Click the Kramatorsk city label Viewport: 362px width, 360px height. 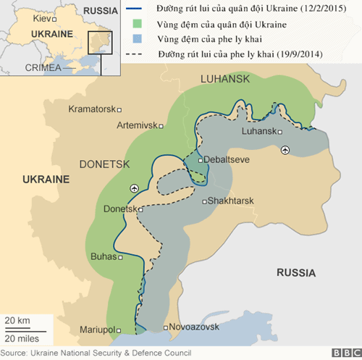pyautogui.click(x=92, y=109)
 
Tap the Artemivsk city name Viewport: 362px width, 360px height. pyautogui.click(x=138, y=125)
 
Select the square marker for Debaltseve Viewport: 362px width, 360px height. pyautogui.click(x=201, y=159)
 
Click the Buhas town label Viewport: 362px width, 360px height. pyautogui.click(x=104, y=256)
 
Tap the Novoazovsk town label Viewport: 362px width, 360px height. pyautogui.click(x=195, y=328)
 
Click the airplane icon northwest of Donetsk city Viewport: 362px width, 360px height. pyautogui.click(x=134, y=188)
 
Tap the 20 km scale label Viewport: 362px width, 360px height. pyautogui.click(x=17, y=321)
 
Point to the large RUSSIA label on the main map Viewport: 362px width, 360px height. pyautogui.click(x=295, y=272)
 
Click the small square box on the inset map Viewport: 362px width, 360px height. pyautogui.click(x=100, y=43)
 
